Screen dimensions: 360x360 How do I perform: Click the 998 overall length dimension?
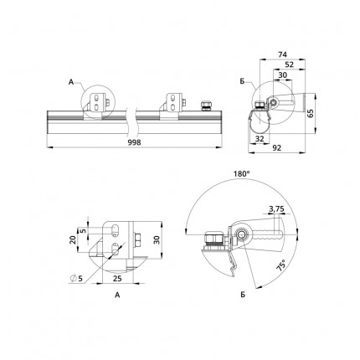click(134, 142)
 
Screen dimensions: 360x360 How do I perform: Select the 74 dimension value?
click(282, 54)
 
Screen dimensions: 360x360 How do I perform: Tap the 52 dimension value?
click(290, 64)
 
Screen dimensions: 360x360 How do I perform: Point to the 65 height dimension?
click(311, 113)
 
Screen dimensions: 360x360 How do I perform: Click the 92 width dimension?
click(276, 148)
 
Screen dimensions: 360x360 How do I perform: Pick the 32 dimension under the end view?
click(260, 139)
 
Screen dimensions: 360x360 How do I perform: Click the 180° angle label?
click(242, 174)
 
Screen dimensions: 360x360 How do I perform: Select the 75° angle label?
click(281, 265)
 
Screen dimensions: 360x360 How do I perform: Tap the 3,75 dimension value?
click(276, 208)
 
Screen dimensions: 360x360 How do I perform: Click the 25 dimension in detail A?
click(118, 278)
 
